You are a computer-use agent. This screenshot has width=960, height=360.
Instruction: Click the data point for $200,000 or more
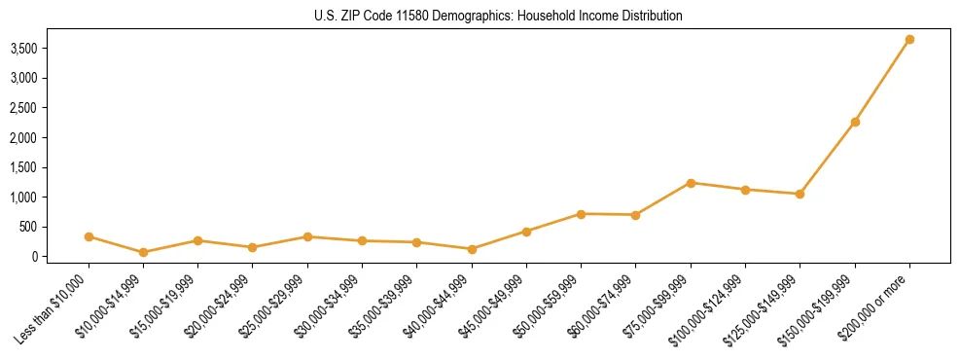coord(909,39)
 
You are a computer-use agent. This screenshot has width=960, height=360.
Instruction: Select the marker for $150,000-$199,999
coord(855,122)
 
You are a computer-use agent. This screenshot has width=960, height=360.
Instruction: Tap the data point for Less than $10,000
coord(89,236)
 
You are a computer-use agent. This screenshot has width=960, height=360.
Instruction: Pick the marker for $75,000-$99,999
coord(691,183)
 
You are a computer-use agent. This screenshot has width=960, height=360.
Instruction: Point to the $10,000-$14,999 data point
coord(143,252)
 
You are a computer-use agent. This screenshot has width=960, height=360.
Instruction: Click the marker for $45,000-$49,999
coord(526,232)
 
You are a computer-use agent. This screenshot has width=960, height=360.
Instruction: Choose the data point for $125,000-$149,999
coord(800,194)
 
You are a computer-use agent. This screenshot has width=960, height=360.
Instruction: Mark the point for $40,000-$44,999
coord(472,249)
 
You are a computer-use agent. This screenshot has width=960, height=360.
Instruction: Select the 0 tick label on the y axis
coord(45,257)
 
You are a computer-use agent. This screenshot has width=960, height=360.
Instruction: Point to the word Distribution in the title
coord(649,17)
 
